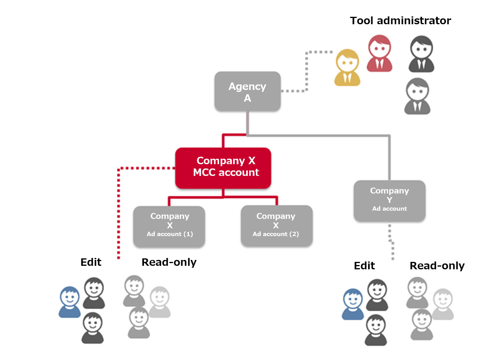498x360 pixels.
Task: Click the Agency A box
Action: point(247,91)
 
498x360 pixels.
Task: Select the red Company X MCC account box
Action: point(223,167)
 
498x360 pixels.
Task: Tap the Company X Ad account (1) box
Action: point(169,226)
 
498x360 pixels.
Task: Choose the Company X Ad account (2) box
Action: point(276,226)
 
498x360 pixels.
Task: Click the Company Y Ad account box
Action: point(389,200)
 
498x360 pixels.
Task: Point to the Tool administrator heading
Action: point(400,21)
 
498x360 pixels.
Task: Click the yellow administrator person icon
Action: point(347,68)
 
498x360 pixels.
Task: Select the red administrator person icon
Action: point(379,54)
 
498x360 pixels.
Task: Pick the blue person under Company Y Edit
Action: point(353,304)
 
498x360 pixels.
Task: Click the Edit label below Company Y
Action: point(364,266)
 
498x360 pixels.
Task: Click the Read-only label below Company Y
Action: point(437,266)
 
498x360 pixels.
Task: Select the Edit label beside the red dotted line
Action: point(91,262)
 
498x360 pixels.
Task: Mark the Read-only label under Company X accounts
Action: point(169,262)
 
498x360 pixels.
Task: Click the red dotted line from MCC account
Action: point(118,211)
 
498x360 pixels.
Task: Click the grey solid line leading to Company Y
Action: point(390,156)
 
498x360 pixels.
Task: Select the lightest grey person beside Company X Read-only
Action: point(160,302)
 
